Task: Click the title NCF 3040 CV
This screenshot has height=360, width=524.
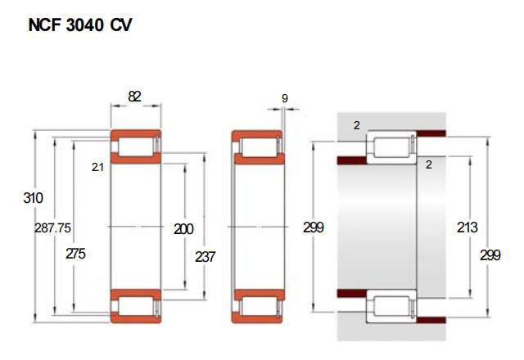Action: click(80, 25)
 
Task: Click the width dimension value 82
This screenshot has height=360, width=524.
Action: click(134, 97)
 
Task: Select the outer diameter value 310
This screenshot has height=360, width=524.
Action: click(33, 198)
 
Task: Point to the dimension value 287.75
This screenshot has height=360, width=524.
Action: click(52, 227)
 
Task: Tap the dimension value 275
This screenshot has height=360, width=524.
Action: click(75, 254)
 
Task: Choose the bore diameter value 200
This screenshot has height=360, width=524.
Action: click(183, 229)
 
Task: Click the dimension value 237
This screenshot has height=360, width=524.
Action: click(205, 257)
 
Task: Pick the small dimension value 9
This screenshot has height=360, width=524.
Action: click(285, 98)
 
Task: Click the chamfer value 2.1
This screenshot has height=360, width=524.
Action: click(97, 167)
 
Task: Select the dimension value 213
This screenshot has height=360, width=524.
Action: click(468, 227)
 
